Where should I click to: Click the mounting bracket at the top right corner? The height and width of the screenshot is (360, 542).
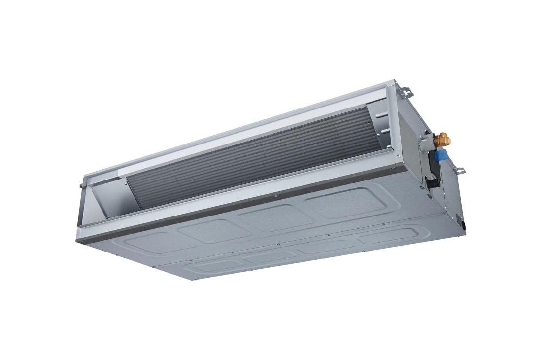pyautogui.click(x=405, y=92)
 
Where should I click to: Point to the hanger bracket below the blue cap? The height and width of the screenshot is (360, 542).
pyautogui.click(x=460, y=171)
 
